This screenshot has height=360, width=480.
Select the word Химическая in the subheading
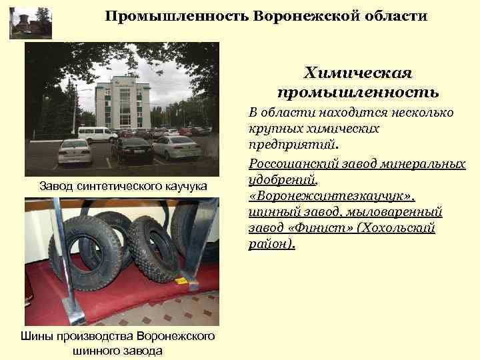[358, 71]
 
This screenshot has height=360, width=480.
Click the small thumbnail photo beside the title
[30, 22]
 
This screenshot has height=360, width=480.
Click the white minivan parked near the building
[97, 133]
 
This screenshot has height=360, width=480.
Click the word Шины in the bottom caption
[39, 337]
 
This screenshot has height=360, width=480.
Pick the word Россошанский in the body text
[289, 163]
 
